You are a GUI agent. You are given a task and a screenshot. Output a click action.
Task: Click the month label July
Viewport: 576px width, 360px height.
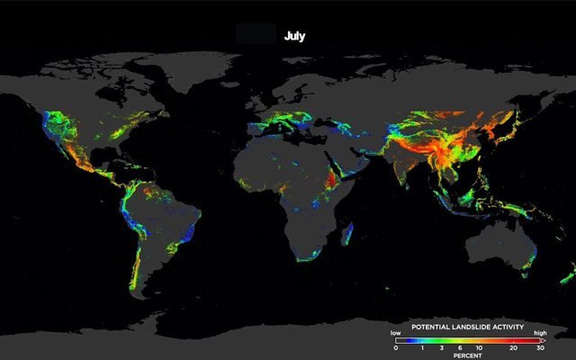[x=295, y=36]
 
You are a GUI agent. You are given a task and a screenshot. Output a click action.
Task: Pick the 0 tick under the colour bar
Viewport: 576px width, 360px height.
[x=395, y=347]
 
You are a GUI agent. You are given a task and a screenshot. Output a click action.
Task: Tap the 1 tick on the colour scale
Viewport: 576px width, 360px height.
[x=422, y=347]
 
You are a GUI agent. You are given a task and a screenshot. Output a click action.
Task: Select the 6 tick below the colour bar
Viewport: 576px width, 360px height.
[x=461, y=347]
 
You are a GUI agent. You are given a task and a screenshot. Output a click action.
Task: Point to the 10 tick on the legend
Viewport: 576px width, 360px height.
[x=479, y=347]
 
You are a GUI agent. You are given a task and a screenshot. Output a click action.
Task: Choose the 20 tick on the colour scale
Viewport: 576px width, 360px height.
[x=512, y=347]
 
